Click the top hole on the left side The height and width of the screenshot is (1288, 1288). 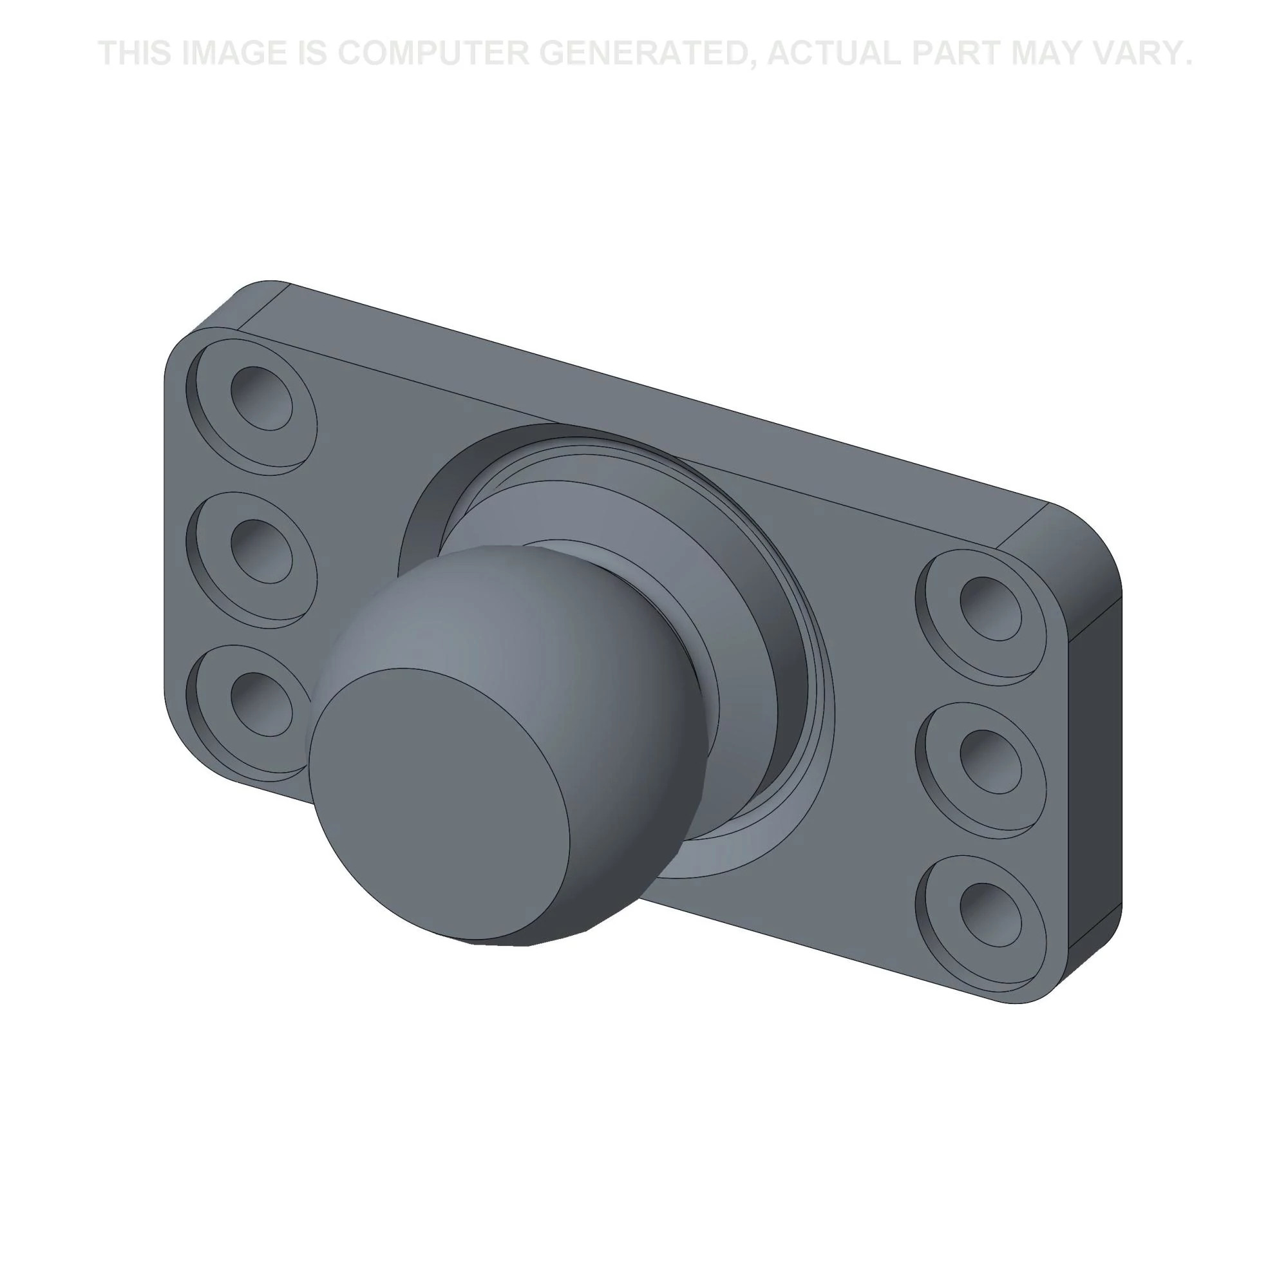pyautogui.click(x=261, y=398)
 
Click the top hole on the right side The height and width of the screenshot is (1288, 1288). pyautogui.click(x=990, y=609)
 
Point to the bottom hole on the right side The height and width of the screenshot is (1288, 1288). pyautogui.click(x=990, y=914)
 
